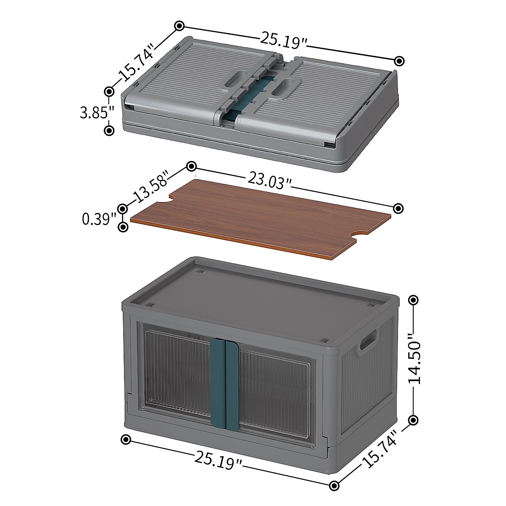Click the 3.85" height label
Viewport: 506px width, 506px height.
pyautogui.click(x=97, y=112)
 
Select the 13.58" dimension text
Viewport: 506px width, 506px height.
pyautogui.click(x=150, y=187)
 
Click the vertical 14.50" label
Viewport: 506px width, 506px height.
pyautogui.click(x=415, y=363)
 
